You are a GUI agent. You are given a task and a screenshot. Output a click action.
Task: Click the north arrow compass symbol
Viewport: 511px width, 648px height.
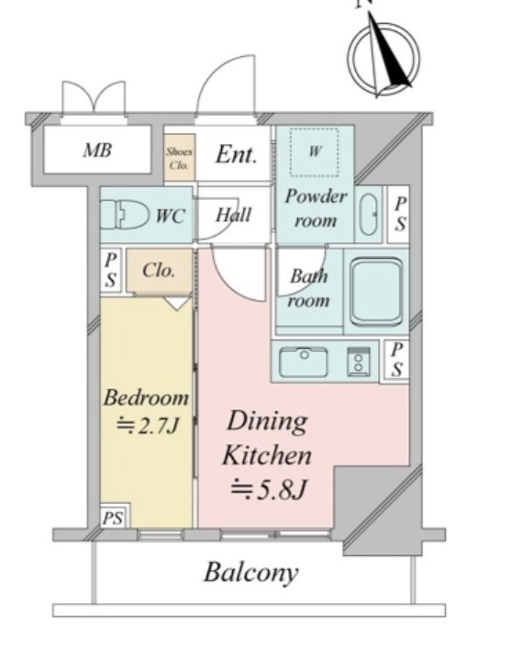click(383, 57)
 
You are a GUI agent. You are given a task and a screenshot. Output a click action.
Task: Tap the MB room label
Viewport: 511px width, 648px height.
click(97, 150)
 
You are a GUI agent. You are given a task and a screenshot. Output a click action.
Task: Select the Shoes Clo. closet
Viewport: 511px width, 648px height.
click(179, 157)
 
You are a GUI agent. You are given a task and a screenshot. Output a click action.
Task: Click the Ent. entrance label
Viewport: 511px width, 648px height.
click(237, 154)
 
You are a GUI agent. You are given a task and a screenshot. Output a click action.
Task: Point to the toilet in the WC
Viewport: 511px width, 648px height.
click(125, 215)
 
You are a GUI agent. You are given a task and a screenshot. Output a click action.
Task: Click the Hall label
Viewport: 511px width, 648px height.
click(233, 215)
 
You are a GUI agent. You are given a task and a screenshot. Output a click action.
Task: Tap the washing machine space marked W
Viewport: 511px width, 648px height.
click(315, 151)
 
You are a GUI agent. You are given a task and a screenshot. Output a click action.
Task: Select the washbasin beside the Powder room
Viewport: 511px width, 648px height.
click(369, 214)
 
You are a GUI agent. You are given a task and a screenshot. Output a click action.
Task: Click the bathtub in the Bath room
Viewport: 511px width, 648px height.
click(376, 292)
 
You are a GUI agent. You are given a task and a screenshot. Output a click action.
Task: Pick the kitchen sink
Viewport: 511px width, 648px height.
click(304, 363)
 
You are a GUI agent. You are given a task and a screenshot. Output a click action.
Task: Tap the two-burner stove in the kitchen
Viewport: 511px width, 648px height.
click(358, 362)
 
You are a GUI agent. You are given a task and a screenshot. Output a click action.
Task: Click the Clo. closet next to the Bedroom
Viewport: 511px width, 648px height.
click(159, 271)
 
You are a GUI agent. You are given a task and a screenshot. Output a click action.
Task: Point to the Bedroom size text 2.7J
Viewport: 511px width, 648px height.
click(149, 425)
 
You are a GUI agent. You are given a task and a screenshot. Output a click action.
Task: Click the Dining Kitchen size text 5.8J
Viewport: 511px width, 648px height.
click(269, 490)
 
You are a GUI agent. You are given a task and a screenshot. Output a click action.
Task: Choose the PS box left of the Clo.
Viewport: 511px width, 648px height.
click(110, 270)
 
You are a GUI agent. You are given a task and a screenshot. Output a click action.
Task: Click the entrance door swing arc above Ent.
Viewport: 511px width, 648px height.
click(226, 84)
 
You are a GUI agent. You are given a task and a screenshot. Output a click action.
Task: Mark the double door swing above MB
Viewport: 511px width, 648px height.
click(94, 97)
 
